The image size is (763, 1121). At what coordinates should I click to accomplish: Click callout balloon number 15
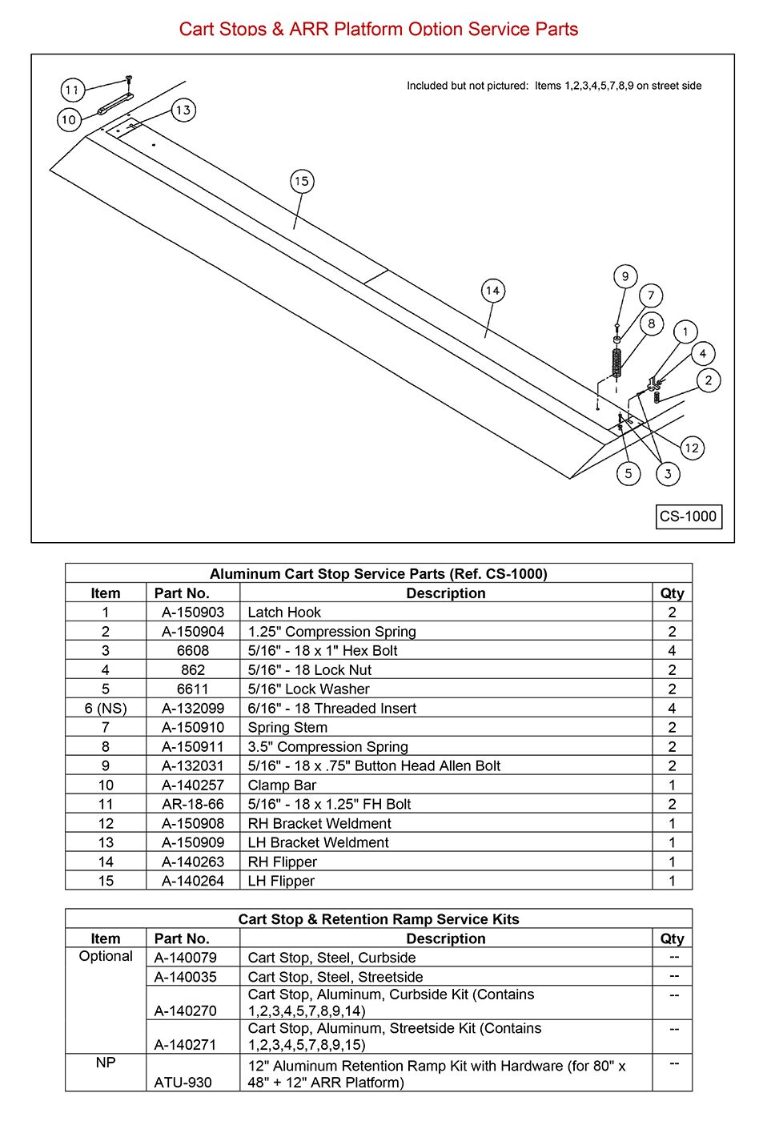coord(302,181)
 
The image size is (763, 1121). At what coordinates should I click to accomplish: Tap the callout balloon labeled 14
coord(493,291)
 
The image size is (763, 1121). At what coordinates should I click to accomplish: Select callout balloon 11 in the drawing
coord(73,90)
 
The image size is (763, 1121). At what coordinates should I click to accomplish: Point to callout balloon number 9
coord(625,276)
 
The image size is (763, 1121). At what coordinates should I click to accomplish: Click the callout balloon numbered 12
coord(692,448)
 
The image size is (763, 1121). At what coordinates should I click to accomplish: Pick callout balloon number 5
coord(628,473)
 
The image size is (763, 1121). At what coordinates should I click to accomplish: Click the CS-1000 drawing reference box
coord(689,516)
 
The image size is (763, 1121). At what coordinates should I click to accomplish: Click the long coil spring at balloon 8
coord(616,363)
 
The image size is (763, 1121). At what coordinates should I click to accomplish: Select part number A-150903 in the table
coord(193,612)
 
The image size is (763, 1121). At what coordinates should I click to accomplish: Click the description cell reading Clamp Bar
coord(282,785)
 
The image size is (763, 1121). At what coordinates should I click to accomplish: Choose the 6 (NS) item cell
coord(106,708)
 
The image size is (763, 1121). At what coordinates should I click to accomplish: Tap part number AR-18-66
coord(193,804)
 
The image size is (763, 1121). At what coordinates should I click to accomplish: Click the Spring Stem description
coord(287,727)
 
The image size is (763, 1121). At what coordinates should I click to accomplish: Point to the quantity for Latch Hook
coord(672,612)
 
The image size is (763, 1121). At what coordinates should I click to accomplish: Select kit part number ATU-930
coord(183,1083)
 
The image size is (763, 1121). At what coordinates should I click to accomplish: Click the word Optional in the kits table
coord(106,956)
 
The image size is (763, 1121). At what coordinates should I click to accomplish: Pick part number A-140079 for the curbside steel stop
coord(185,958)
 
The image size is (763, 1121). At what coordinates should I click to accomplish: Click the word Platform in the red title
coord(368,29)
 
